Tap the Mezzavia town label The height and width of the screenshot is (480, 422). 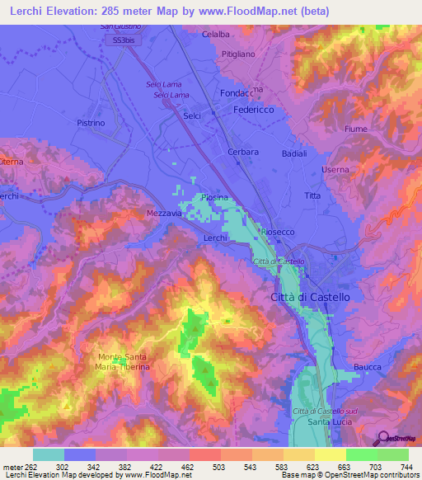163,212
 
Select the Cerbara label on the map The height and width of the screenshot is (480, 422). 243,152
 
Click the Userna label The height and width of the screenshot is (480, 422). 335,170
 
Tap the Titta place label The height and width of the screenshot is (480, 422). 312,195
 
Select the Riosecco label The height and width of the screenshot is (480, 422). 277,233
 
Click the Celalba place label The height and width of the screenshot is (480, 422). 215,35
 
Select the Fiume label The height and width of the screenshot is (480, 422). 355,129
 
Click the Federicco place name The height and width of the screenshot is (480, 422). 254,109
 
